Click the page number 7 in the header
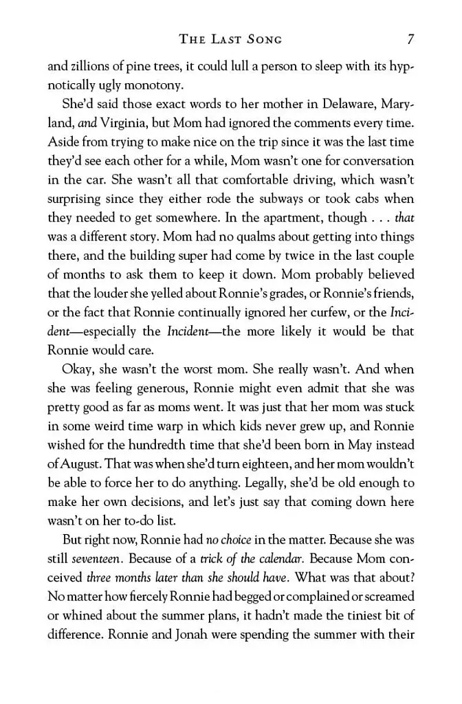[410, 39]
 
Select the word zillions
[87, 68]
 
